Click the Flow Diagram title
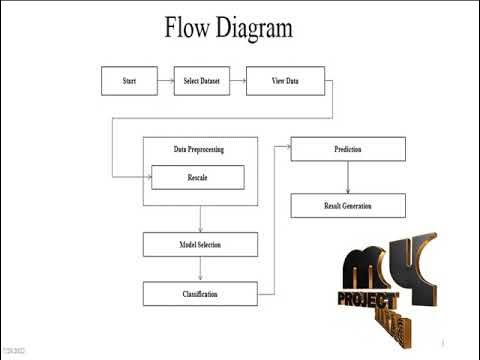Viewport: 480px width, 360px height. coord(229,27)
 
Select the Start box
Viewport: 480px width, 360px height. coord(129,81)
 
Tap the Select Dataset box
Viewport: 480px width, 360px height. coord(201,81)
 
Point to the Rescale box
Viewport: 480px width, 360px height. coord(197,177)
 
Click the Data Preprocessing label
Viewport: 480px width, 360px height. coord(198,149)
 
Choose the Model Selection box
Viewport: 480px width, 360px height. coord(200,244)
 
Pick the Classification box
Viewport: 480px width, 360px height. coord(200,294)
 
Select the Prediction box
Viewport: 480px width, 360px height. coord(347,149)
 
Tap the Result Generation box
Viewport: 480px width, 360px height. coord(347,205)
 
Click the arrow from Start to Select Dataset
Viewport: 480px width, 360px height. coord(165,81)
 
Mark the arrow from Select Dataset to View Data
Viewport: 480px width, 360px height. coord(237,81)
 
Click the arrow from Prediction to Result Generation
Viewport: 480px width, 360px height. coord(347,177)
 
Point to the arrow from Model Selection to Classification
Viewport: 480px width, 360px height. coord(200,269)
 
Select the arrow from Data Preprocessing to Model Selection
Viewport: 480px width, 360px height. coord(200,219)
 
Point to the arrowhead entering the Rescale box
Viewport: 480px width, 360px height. coord(147,177)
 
